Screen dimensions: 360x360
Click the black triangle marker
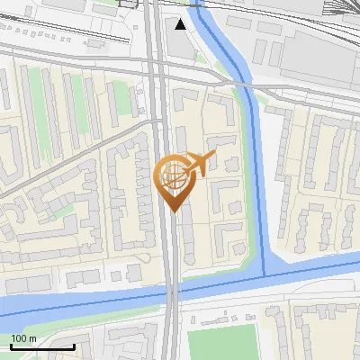pos(182,24)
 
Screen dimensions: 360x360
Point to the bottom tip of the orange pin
pos(171,211)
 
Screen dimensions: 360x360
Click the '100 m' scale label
pos(23,337)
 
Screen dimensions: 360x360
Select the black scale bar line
pos(41,346)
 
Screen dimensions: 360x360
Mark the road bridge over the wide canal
pos(170,292)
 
